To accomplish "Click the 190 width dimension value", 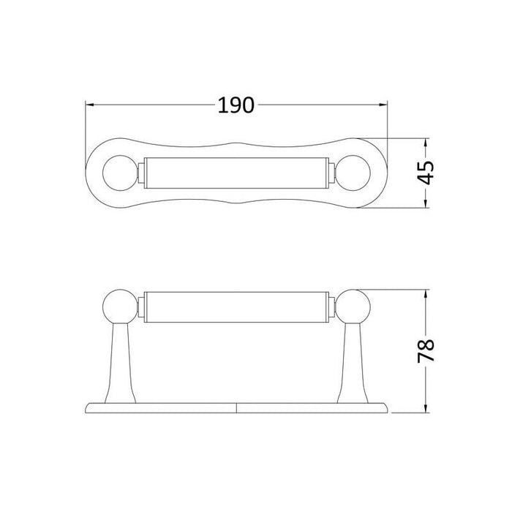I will coord(236,105).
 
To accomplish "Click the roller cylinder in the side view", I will coord(237,306).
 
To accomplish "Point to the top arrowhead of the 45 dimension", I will coord(426,141).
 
